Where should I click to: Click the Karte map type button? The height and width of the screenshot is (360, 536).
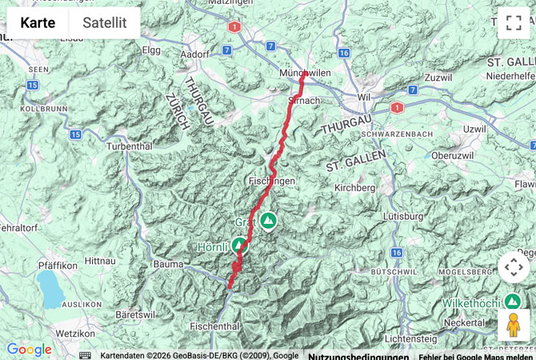[38, 23]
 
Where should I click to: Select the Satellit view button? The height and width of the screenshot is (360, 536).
[104, 23]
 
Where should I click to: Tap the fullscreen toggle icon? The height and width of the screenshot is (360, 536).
[513, 22]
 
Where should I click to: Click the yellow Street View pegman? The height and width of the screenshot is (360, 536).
[513, 325]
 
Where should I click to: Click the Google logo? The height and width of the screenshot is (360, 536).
[29, 350]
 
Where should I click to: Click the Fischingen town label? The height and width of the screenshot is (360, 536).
[272, 182]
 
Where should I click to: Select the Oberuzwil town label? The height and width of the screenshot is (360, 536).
[454, 155]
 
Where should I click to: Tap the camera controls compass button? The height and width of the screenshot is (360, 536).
[513, 267]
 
